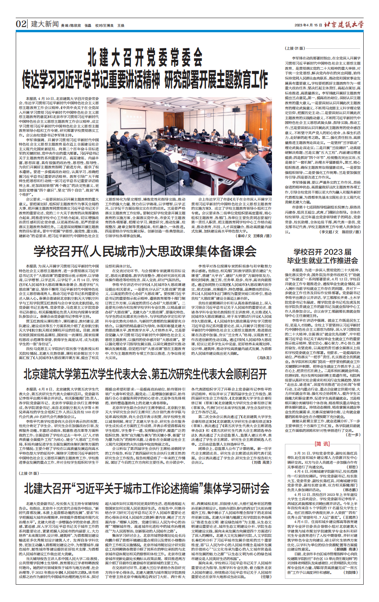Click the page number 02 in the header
[21, 24]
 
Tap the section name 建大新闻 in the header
[44, 24]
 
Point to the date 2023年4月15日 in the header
[306, 25]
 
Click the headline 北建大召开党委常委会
[145, 57]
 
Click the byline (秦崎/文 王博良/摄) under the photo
[254, 236]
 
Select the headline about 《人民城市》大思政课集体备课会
[145, 251]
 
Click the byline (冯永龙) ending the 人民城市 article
[264, 358]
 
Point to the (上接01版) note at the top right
[295, 48]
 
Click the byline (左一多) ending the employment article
[352, 435]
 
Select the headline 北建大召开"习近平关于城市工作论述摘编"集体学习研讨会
[146, 489]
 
